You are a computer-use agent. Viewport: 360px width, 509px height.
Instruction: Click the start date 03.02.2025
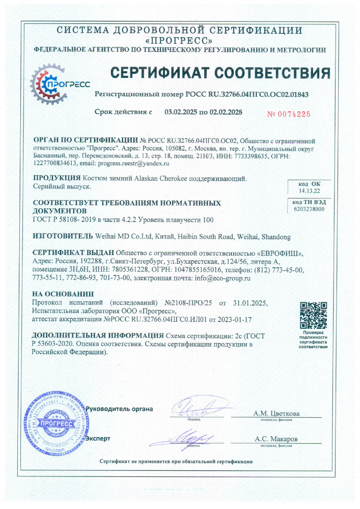(181, 111)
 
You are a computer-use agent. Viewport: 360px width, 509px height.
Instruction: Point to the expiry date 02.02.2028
(225, 111)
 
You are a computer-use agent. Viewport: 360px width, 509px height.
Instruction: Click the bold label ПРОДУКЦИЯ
(57, 179)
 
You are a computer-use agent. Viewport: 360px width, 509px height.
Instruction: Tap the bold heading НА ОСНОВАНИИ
(63, 294)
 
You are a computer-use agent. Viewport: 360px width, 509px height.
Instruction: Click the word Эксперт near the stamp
(98, 438)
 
